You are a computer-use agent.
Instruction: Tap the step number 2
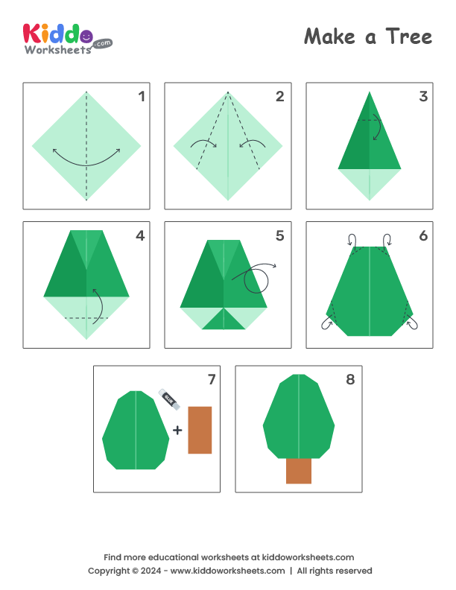pyautogui.click(x=279, y=95)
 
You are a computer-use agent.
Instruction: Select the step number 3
pyautogui.click(x=422, y=95)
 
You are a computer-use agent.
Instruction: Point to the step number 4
pyautogui.click(x=139, y=235)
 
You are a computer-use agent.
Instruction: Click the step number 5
pyautogui.click(x=279, y=235)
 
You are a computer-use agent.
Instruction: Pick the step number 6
pyautogui.click(x=422, y=235)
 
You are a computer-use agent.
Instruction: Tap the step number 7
pyautogui.click(x=211, y=380)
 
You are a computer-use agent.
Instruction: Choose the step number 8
pyautogui.click(x=351, y=380)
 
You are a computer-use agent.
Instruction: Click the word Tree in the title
pyautogui.click(x=409, y=37)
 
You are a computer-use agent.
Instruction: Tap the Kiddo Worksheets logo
pyautogui.click(x=67, y=38)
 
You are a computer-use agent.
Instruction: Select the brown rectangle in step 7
pyautogui.click(x=200, y=430)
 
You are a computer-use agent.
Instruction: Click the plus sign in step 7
pyautogui.click(x=177, y=430)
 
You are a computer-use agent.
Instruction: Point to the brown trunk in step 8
pyautogui.click(x=299, y=471)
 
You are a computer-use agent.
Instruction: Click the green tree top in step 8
pyautogui.click(x=299, y=417)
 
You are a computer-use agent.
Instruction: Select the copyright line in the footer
pyautogui.click(x=229, y=571)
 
